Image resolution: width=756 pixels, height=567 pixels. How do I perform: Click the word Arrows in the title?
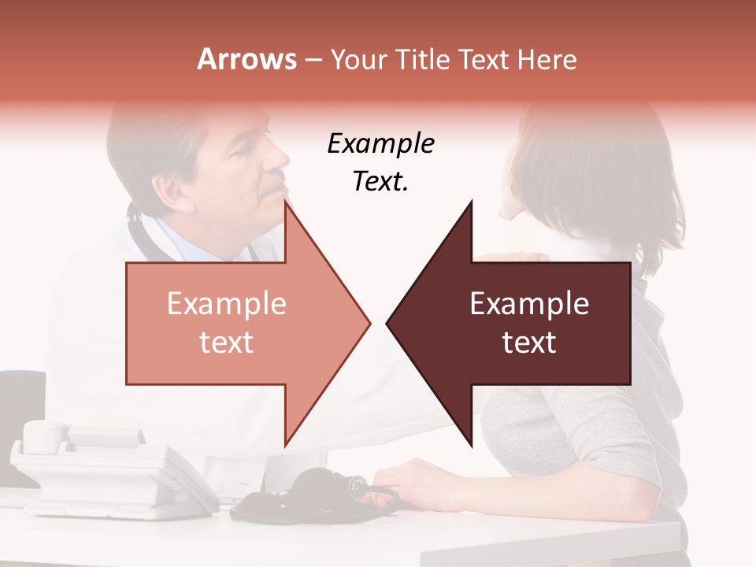point(246,59)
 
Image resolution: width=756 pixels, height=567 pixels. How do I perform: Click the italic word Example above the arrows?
point(380,144)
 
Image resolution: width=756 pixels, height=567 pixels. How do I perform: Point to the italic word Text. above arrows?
point(380,181)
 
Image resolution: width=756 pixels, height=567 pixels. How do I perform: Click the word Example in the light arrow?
point(226,304)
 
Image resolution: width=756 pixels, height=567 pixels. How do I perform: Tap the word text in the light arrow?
point(226,343)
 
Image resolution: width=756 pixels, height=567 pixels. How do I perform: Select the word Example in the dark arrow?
point(529,304)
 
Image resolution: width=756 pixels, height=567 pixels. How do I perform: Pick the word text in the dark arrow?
point(529,343)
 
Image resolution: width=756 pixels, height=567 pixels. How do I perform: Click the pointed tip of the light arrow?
point(369,322)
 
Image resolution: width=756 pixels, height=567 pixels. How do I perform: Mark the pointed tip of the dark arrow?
point(388,322)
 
